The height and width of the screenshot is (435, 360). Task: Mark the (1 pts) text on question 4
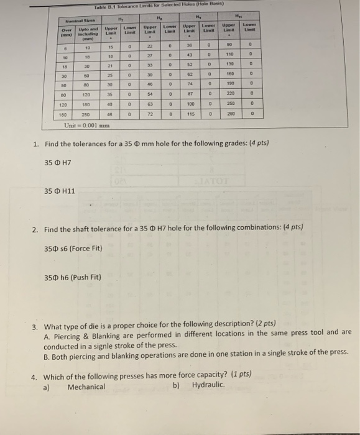click(239, 375)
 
